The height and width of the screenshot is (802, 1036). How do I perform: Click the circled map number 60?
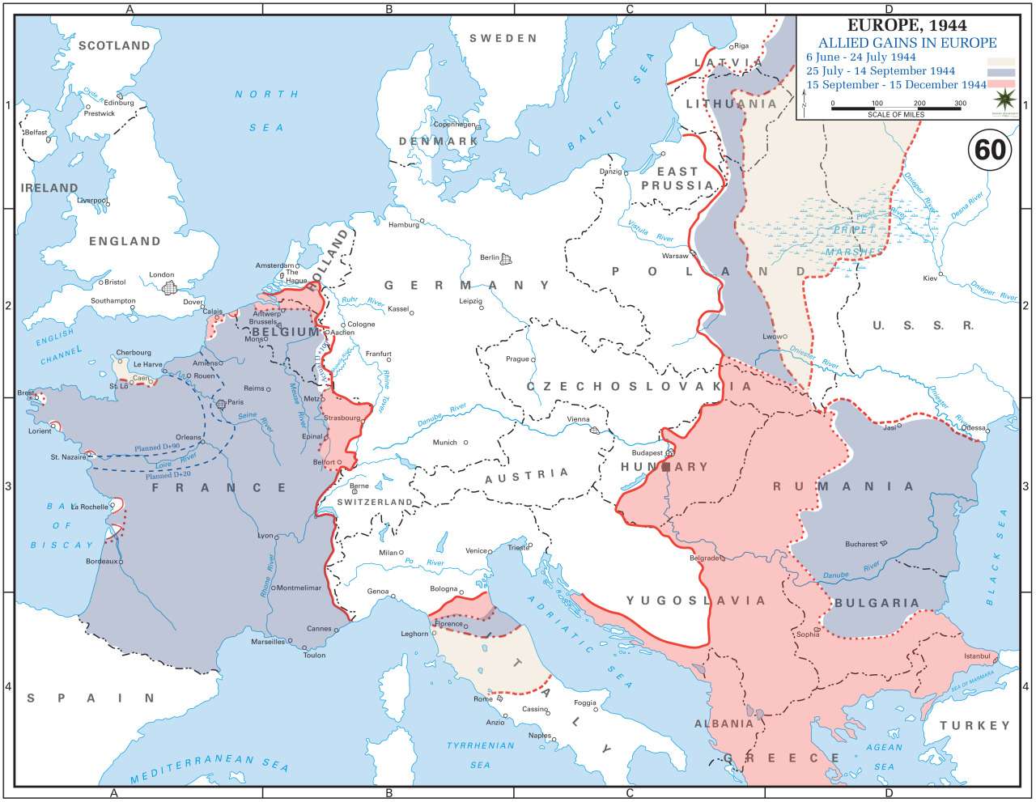[990, 150]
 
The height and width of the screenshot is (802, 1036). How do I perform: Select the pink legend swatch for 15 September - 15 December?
[1000, 84]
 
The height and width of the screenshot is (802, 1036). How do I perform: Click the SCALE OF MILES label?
[895, 114]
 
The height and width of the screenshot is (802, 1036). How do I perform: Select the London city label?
[161, 275]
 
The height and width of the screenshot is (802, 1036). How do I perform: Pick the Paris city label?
[236, 402]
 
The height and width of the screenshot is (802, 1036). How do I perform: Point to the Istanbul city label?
[978, 655]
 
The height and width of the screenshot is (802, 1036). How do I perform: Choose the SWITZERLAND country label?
[375, 502]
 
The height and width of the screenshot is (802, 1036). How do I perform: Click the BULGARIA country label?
[877, 603]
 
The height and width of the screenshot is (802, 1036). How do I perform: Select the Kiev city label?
[930, 278]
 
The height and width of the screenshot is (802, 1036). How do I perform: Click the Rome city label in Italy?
[482, 698]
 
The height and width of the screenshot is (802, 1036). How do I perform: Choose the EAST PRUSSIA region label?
[677, 178]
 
